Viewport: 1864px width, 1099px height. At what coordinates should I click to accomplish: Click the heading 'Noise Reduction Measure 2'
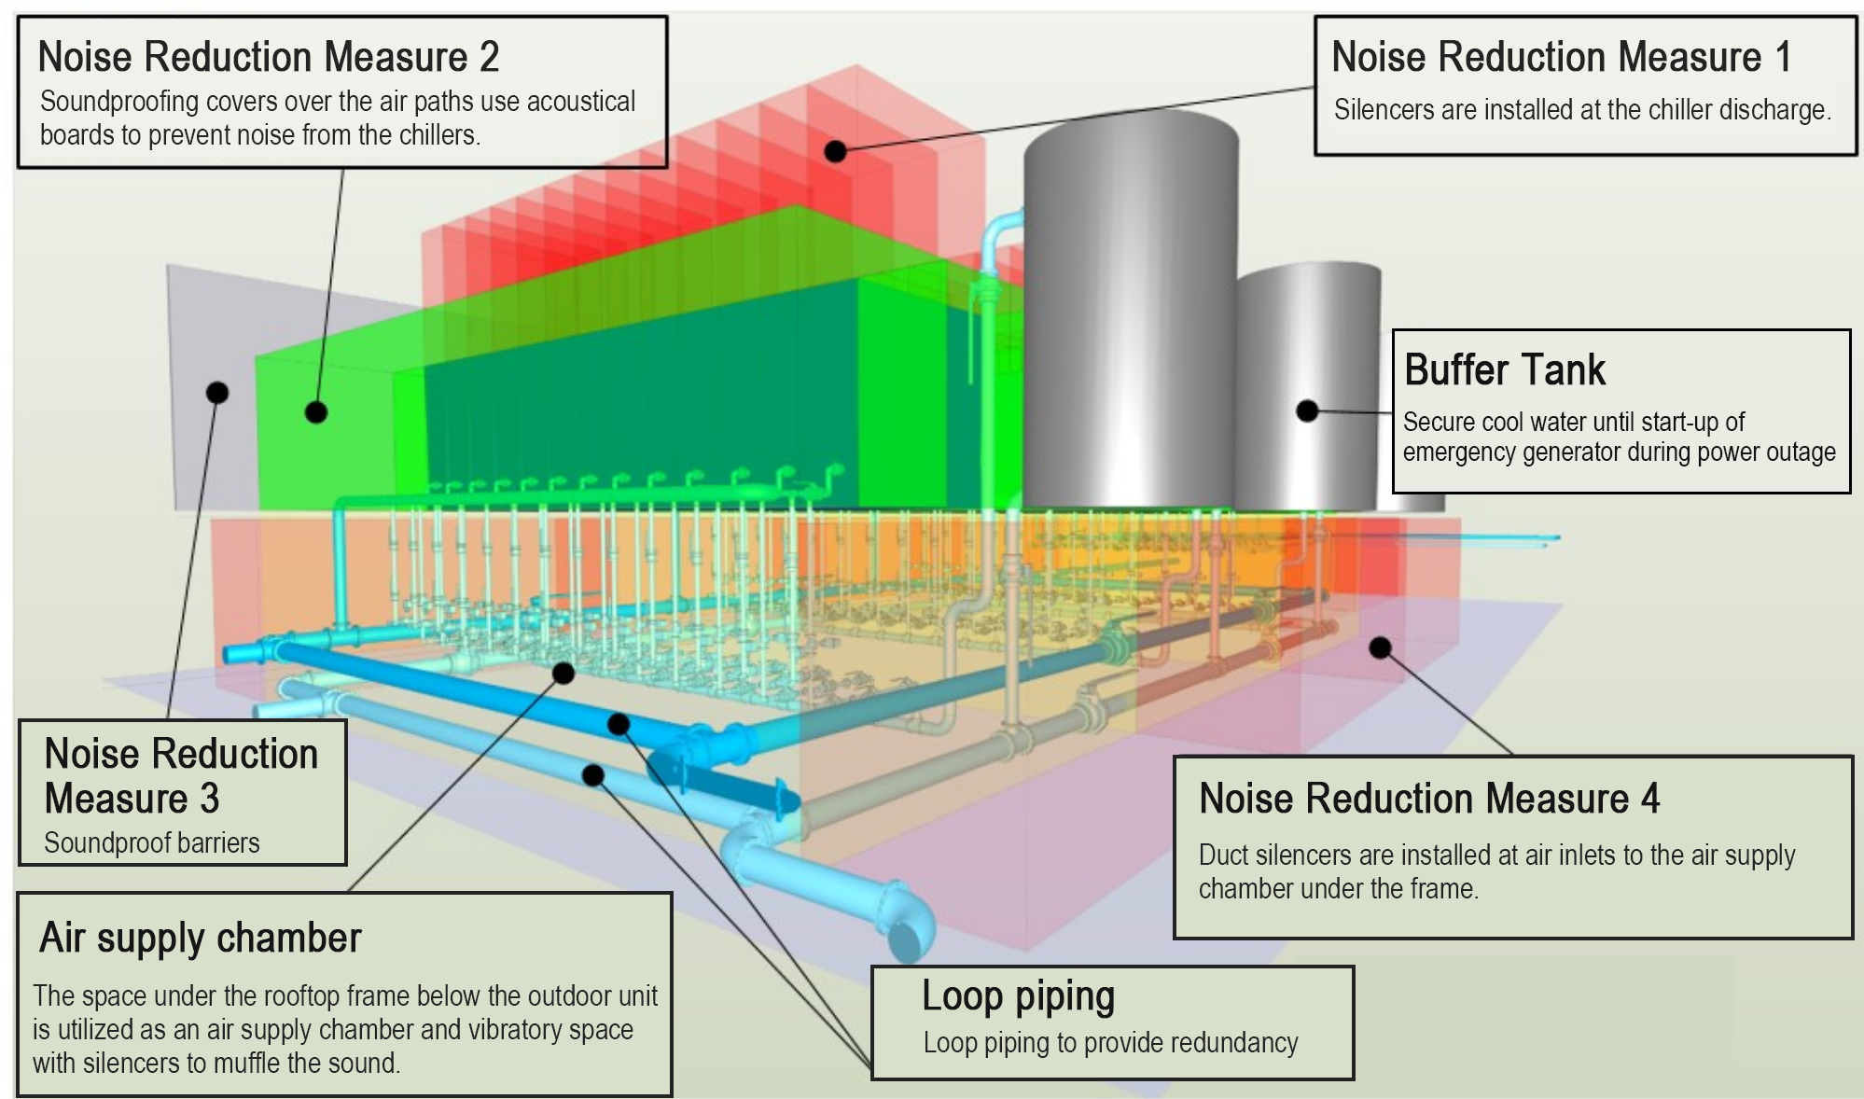[x=268, y=57]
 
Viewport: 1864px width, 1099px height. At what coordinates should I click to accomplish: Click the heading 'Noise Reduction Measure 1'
[x=1561, y=57]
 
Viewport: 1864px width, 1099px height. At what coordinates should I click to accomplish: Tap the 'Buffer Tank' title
[x=1504, y=369]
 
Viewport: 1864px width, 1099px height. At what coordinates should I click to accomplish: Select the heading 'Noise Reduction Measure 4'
[x=1428, y=799]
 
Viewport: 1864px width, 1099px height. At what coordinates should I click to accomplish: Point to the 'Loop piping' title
[x=1018, y=996]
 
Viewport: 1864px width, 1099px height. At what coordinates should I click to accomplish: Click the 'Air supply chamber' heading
[x=200, y=938]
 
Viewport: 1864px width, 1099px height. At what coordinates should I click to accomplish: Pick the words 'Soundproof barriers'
[x=151, y=843]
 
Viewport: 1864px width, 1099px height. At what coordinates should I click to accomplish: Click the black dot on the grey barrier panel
[x=217, y=392]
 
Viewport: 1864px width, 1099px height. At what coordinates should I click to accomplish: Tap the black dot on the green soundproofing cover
[x=316, y=411]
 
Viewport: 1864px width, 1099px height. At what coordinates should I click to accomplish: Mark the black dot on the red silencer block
[x=835, y=150]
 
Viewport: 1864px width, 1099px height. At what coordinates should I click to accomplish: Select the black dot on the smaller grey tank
[x=1307, y=410]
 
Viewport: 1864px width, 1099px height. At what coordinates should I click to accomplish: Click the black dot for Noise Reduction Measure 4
[x=1380, y=647]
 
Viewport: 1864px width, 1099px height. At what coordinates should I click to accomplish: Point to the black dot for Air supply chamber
[x=563, y=672]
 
